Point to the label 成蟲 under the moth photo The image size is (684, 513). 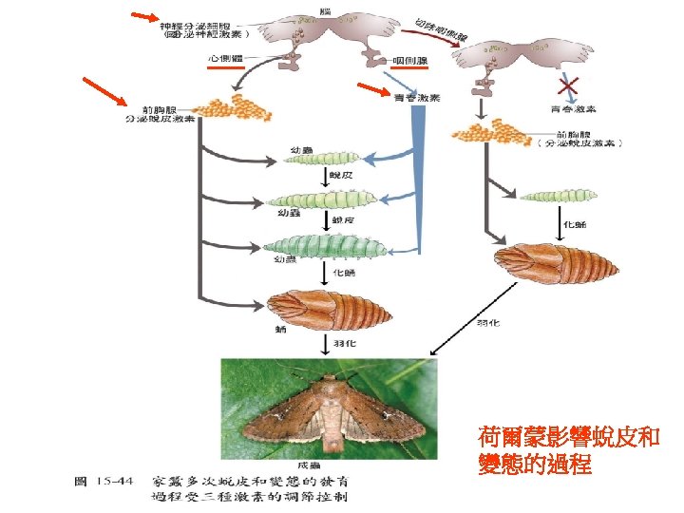click(329, 465)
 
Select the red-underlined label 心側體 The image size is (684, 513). click(224, 59)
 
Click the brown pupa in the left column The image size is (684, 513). click(328, 308)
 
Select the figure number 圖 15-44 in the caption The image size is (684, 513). click(104, 481)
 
